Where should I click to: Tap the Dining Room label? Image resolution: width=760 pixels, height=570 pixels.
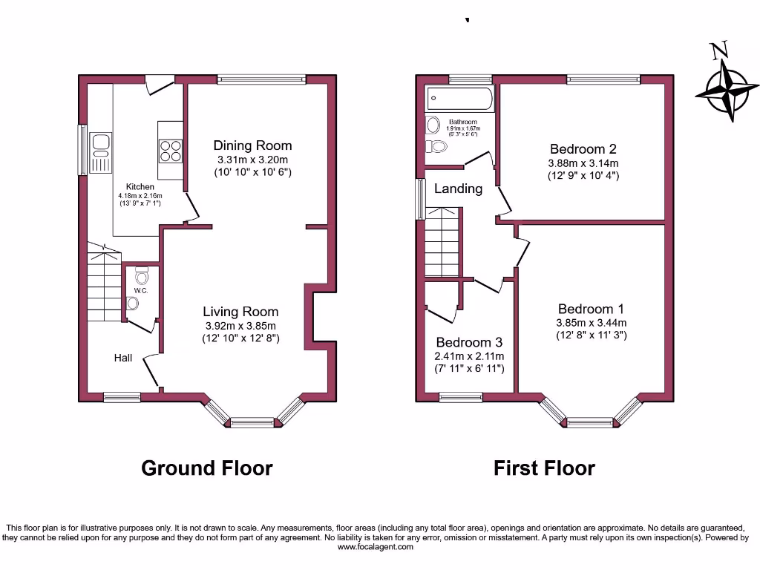click(x=253, y=145)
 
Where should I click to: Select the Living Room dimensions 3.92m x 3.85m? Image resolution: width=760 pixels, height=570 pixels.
click(x=241, y=326)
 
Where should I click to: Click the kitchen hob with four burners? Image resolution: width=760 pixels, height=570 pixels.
click(x=170, y=151)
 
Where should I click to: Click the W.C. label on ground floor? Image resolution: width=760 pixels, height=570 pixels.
click(x=141, y=290)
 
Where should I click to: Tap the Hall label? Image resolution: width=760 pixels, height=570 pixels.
click(x=123, y=358)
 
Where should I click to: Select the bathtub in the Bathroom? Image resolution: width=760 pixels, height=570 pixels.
click(x=459, y=99)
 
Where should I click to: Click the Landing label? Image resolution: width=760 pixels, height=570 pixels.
click(x=458, y=189)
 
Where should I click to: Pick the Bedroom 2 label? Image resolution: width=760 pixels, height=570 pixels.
click(x=583, y=148)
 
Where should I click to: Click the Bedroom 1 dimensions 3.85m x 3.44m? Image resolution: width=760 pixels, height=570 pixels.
click(x=591, y=323)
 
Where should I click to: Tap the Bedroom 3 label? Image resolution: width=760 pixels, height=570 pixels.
click(x=469, y=342)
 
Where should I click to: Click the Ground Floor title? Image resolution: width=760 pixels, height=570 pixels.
click(x=207, y=468)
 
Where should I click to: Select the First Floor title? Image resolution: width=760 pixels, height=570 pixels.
click(x=545, y=468)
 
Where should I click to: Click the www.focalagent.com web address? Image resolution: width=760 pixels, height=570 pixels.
click(x=375, y=547)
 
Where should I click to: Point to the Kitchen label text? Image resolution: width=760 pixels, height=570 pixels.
click(x=140, y=186)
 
